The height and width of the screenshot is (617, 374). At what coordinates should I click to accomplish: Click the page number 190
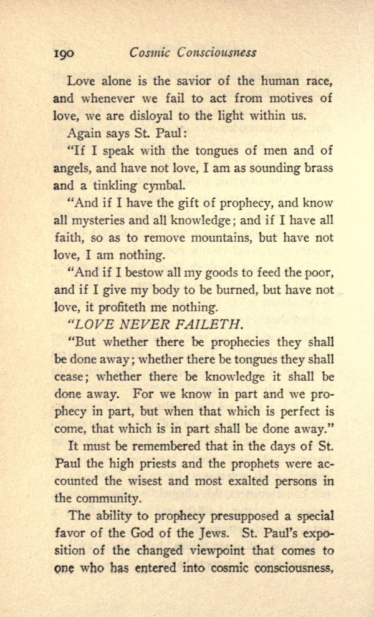point(63,53)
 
